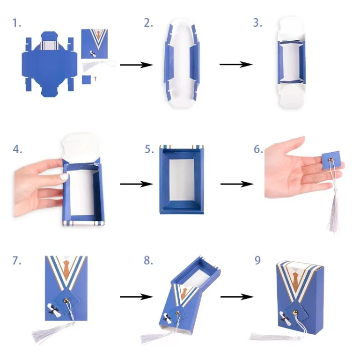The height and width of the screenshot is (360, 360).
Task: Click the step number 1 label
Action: pyautogui.click(x=16, y=23)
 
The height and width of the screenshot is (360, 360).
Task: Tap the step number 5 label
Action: pyautogui.click(x=149, y=149)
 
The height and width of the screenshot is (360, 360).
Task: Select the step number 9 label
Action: pyautogui.click(x=257, y=260)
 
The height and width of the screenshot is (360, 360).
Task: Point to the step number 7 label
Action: pyautogui.click(x=17, y=261)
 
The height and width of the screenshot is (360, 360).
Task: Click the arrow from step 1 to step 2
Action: pyautogui.click(x=137, y=65)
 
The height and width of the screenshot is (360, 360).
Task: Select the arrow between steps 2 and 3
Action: pyautogui.click(x=236, y=65)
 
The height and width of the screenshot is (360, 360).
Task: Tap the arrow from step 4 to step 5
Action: pyautogui.click(x=137, y=184)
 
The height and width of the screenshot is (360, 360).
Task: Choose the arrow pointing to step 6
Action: pyautogui.click(x=237, y=184)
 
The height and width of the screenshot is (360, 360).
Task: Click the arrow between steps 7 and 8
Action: pyautogui.click(x=137, y=297)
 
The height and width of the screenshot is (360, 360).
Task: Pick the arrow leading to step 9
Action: pyautogui.click(x=237, y=297)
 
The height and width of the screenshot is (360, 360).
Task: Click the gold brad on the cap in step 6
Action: pyautogui.click(x=331, y=159)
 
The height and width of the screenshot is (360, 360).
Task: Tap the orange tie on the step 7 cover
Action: pyautogui.click(x=66, y=267)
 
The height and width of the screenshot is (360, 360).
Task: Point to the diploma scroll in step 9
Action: pyautogui.click(x=286, y=318)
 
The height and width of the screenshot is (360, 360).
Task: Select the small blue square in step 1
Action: pyautogui.click(x=87, y=80)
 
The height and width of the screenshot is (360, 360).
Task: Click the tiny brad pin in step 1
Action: pyautogui.click(x=96, y=79)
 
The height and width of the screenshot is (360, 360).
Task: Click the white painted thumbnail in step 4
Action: pyautogui.click(x=64, y=176)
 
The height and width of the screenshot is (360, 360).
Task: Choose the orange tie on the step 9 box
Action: pyautogui.click(x=296, y=280)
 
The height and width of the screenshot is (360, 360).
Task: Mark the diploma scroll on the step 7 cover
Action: pyautogui.click(x=54, y=310)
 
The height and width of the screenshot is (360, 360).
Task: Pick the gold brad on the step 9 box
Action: pyautogui.click(x=295, y=312)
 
